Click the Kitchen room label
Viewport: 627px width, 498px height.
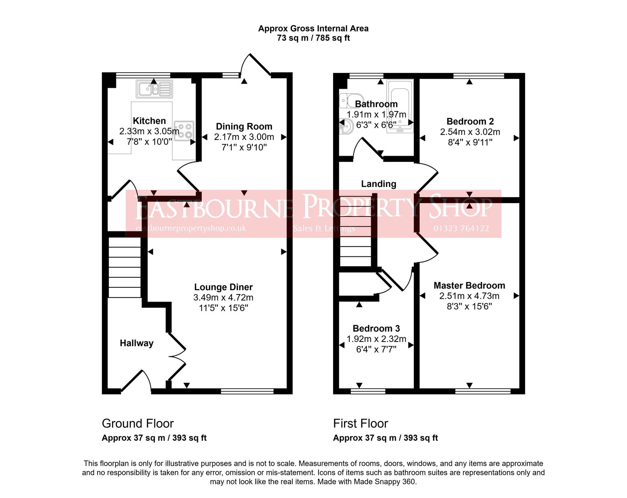coord(149,121)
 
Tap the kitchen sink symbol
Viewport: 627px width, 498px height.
coord(154,89)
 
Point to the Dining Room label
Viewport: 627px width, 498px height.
coord(244,127)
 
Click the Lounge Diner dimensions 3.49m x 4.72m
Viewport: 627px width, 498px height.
coord(223,298)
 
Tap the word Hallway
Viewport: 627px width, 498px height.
coord(136,343)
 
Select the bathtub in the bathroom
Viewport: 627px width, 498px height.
coord(400,106)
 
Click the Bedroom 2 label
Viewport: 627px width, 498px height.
coord(470,122)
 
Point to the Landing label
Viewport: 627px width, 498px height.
coord(379,184)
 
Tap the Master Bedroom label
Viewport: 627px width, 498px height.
coord(469,285)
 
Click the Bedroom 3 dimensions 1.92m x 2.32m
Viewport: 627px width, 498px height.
coord(376,339)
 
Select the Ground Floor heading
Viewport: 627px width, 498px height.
coord(138,423)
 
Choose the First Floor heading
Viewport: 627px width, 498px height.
coord(361,423)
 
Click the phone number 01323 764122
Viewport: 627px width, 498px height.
coord(461,229)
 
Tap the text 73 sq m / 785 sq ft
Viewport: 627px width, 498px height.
coord(313,38)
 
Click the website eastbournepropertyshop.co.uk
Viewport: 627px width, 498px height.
coord(191,228)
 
